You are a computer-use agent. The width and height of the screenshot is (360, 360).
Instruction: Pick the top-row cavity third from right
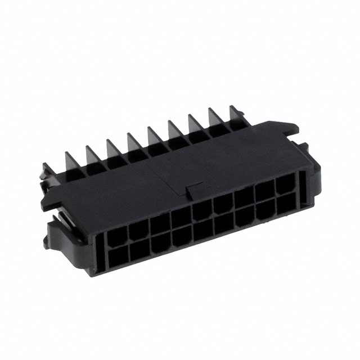244,199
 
